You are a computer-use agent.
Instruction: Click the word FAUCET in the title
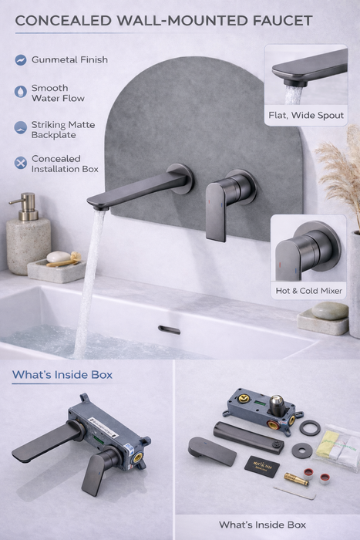coord(274,20)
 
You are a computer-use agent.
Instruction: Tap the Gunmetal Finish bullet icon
coord(20,60)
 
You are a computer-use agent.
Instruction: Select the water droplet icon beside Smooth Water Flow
coord(20,92)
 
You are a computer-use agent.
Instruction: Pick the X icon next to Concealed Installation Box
coord(20,163)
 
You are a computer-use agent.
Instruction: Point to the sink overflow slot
coord(169,329)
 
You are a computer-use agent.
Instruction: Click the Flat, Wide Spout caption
coord(305,116)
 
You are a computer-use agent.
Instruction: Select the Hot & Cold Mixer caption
coord(308,291)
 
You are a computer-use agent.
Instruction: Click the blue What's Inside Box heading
coord(62,375)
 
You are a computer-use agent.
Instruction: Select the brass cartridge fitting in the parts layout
coord(296,480)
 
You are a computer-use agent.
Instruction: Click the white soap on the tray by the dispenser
coord(57,257)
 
